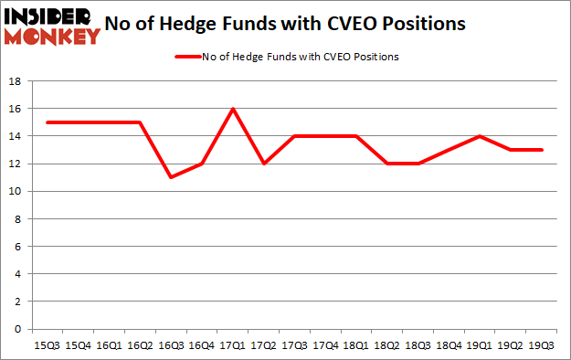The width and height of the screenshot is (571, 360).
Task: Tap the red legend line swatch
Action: coord(191,57)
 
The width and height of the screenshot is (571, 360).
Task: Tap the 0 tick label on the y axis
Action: coord(18,329)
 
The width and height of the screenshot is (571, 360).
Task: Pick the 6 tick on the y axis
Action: coord(18,247)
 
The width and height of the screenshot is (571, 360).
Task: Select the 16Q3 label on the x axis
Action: coord(171,345)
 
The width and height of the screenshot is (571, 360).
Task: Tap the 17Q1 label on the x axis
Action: coord(233,345)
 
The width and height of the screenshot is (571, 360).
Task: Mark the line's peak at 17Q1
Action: coord(233,109)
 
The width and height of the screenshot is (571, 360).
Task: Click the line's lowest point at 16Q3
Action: coord(171,177)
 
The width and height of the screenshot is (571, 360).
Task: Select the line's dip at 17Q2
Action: coord(264,164)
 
